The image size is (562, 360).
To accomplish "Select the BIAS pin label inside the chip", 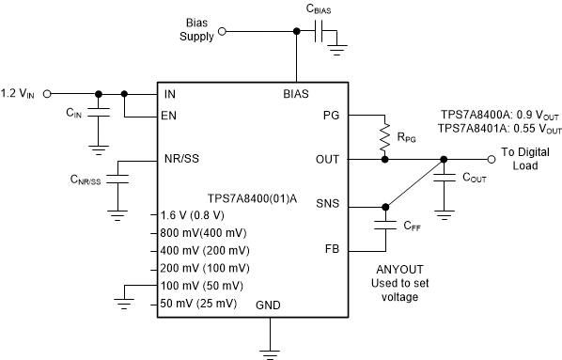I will pos(297,95).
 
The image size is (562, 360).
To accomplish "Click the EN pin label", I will pos(169,116).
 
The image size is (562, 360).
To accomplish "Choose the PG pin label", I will pos(330,116).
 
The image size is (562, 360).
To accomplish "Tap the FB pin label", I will pos(330,250).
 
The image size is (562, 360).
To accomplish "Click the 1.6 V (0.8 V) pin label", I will pos(196,214).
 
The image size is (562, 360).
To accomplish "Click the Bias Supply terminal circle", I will pos(223,31).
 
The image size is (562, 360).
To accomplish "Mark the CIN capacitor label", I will pos(75,113).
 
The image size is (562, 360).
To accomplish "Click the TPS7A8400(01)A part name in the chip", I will pos(249,198).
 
